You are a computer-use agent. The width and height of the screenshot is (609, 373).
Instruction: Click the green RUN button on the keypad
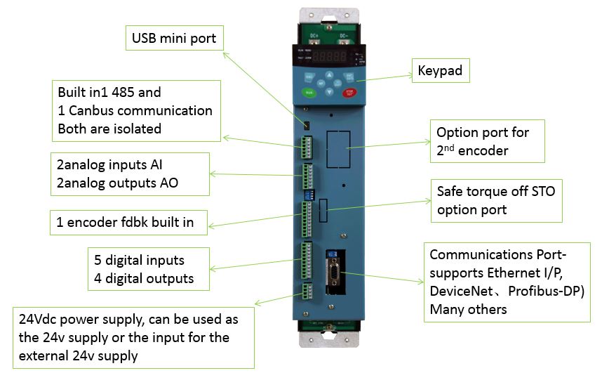[x=309, y=93]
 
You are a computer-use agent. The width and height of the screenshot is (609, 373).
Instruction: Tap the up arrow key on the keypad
[x=329, y=74]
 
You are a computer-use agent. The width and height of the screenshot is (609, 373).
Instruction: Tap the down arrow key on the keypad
[x=329, y=92]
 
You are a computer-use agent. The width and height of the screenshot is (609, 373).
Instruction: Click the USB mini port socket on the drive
[x=307, y=125]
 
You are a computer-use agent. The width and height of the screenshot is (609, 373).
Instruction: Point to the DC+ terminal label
[x=314, y=36]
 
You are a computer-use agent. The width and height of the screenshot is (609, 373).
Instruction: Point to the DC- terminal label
[x=343, y=36]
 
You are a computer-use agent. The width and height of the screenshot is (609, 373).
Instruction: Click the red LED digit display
[x=329, y=56]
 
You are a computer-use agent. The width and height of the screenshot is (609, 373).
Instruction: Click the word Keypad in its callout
[x=440, y=71]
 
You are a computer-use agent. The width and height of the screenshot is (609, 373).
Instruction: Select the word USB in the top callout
[x=144, y=38]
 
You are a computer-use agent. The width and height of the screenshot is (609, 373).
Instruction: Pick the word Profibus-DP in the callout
[x=546, y=292]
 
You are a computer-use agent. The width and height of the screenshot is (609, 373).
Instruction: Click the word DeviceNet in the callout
[x=461, y=292]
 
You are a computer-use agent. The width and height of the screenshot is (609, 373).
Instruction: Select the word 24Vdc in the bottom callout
[x=37, y=320]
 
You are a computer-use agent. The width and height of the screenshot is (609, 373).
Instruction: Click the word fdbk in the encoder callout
[x=135, y=222]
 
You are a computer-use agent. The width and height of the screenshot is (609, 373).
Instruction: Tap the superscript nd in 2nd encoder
[x=449, y=147]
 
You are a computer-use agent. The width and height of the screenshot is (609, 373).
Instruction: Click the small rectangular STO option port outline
[x=323, y=211]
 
